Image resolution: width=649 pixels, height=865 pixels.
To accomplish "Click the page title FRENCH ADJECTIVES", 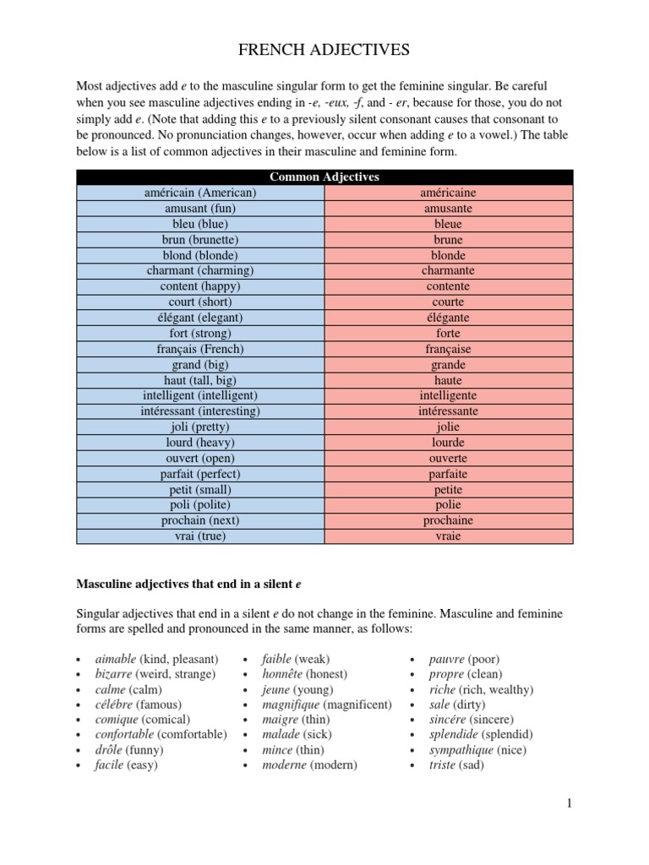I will tap(324, 51).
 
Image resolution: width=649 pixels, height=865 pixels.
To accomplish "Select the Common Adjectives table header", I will tap(324, 177).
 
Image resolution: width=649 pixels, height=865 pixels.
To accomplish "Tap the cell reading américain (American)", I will tap(200, 193).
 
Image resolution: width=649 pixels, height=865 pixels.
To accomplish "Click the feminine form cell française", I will tap(449, 349).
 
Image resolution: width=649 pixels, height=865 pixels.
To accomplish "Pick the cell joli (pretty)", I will tap(200, 427).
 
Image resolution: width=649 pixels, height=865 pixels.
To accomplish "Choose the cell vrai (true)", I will tap(200, 536).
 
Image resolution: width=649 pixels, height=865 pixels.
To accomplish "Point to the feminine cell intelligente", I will tap(449, 395).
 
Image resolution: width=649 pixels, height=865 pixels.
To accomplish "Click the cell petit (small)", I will tap(200, 489).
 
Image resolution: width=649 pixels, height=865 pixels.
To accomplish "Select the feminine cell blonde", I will tap(449, 255).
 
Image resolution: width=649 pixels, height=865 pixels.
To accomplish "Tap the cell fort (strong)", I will tap(200, 333).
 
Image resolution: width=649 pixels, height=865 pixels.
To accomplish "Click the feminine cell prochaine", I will tap(449, 520).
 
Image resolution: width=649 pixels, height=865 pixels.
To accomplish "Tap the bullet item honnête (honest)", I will tap(304, 674).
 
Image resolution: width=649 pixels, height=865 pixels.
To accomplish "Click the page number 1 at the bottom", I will tap(570, 803).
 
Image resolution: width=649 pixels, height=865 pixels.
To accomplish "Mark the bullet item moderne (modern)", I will tap(309, 765).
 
